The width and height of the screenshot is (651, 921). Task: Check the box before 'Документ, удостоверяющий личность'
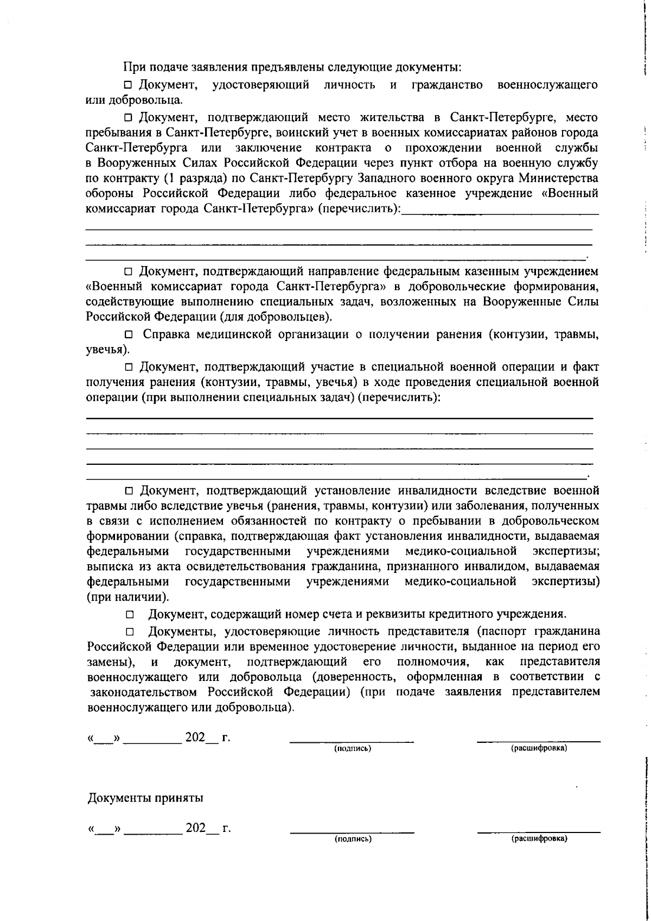[128, 85]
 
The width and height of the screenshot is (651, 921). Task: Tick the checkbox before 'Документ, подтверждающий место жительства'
[128, 117]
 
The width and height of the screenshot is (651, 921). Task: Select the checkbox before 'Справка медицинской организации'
[129, 335]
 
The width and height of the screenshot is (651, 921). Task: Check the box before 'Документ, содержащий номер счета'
[129, 615]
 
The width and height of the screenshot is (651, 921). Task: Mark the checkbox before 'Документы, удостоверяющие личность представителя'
[129, 632]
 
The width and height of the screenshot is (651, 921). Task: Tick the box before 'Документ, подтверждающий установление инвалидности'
[129, 491]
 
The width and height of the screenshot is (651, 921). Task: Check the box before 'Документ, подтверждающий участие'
[129, 367]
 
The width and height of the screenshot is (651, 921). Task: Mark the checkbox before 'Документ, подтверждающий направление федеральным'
[129, 271]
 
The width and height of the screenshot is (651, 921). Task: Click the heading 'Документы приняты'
[146, 798]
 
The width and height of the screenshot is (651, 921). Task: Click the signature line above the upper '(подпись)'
[352, 741]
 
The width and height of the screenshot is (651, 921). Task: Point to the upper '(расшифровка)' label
[539, 748]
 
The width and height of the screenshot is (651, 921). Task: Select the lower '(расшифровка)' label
[539, 839]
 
